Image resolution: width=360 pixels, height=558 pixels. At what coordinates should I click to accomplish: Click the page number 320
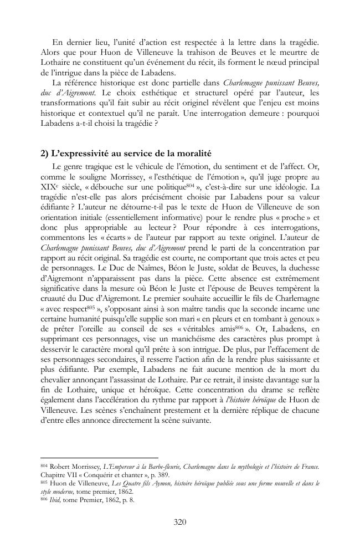(179, 521)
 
